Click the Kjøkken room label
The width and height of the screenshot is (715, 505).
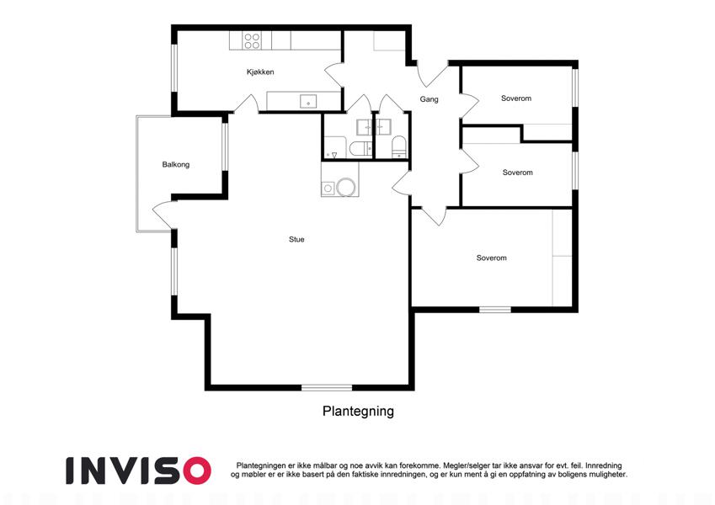coord(260,72)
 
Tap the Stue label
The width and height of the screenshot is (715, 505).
coord(296,239)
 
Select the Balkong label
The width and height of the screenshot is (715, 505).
coord(175,164)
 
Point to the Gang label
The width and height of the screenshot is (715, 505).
coord(430,99)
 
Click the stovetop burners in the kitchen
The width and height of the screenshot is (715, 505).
coord(252,40)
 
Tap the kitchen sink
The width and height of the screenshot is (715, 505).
coord(308,101)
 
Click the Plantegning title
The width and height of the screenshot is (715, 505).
coord(358,411)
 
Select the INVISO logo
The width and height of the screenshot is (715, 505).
coord(139,470)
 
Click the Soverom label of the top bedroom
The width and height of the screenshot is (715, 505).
coord(516,98)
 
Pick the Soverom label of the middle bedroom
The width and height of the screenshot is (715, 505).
coord(518,173)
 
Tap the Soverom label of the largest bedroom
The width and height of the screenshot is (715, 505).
coord(492,258)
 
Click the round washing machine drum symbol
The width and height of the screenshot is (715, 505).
coord(345,188)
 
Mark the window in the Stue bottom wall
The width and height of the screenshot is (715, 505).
coord(327,388)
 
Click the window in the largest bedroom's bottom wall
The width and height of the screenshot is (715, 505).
coord(494,310)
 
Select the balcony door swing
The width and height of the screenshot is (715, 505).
coord(163,215)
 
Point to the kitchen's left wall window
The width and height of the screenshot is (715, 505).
coord(173,68)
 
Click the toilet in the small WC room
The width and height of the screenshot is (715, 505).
coord(399,146)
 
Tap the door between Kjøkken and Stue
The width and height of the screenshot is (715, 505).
coord(246,104)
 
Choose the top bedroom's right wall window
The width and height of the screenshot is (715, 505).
coord(575,88)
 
